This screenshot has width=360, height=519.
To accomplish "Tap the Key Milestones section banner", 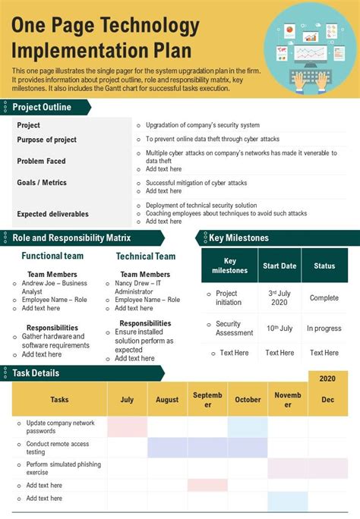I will pyautogui.click(x=238, y=237).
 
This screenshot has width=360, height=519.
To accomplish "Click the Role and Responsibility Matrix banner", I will pyautogui.click(x=72, y=237).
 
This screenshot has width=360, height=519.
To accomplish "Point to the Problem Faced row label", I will pyautogui.click(x=41, y=161).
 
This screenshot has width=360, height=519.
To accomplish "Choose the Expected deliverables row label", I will pyautogui.click(x=52, y=214).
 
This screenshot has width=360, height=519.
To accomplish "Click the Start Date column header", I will pyautogui.click(x=279, y=266).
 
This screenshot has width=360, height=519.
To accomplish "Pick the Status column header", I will pyautogui.click(x=324, y=266).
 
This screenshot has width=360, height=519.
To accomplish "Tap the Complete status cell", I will pyautogui.click(x=324, y=297).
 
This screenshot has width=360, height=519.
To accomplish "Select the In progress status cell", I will pyautogui.click(x=324, y=329).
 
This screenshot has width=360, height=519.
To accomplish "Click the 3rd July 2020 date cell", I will pyautogui.click(x=279, y=297).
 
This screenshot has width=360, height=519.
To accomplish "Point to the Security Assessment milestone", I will pyautogui.click(x=234, y=329).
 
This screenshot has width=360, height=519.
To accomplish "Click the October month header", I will pyautogui.click(x=248, y=400).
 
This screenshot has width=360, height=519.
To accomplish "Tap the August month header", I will pyautogui.click(x=167, y=400).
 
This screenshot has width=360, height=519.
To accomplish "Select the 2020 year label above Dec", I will pyautogui.click(x=327, y=378).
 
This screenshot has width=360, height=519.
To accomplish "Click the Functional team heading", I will pyautogui.click(x=52, y=256).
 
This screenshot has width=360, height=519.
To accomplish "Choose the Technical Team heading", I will pyautogui.click(x=145, y=256).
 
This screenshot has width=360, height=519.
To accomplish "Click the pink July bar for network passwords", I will pyautogui.click(x=127, y=426).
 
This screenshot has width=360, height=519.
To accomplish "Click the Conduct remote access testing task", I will pyautogui.click(x=58, y=448).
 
